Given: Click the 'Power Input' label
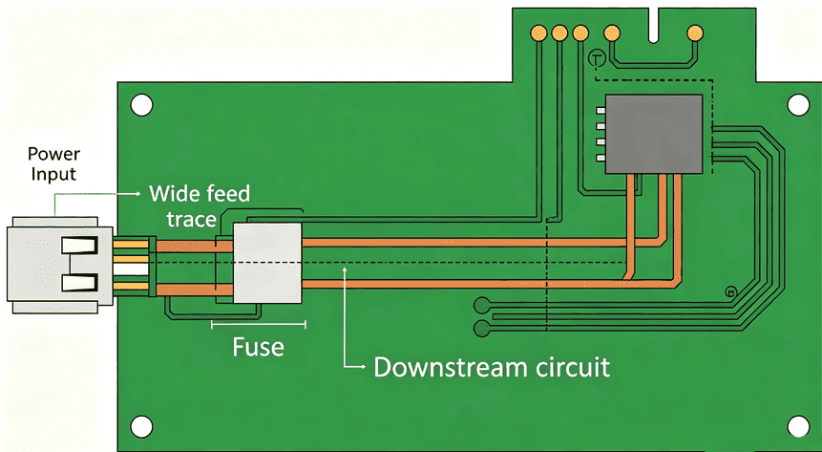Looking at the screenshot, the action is click(x=53, y=163).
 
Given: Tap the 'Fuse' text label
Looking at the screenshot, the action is click(x=258, y=347).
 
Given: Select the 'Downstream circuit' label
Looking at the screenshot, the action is click(x=492, y=367).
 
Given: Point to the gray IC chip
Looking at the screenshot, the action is click(x=654, y=134).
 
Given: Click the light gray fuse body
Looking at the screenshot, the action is click(x=267, y=263).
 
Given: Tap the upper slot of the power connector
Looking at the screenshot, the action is click(x=79, y=245).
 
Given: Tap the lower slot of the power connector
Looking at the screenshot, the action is click(x=79, y=283).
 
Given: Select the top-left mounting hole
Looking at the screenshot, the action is click(x=141, y=105).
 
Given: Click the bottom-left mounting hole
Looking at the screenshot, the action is click(x=141, y=427).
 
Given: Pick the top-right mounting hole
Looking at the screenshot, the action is click(x=798, y=105).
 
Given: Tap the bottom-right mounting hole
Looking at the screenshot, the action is click(x=798, y=427).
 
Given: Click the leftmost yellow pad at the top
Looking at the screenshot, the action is click(x=538, y=33).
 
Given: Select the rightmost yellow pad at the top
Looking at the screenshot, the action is click(x=695, y=33).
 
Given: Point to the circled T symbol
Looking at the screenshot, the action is click(x=597, y=57).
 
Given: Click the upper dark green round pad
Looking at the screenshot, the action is click(x=482, y=305).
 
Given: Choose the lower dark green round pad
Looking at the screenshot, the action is click(x=482, y=329).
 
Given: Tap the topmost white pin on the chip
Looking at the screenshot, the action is click(x=601, y=111).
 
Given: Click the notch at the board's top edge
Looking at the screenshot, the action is click(x=653, y=25).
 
